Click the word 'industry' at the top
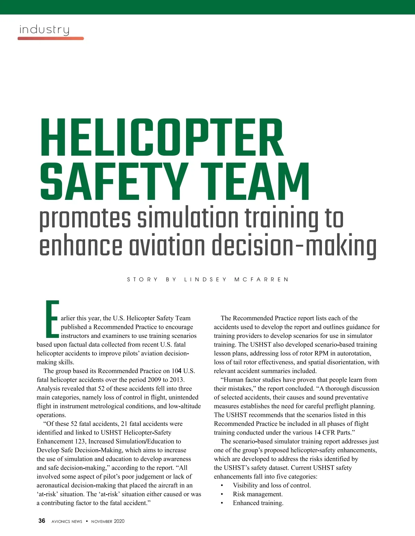(x=44, y=30)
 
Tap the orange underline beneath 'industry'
(x=51, y=38)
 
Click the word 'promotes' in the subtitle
(x=85, y=218)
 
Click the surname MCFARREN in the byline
(x=261, y=279)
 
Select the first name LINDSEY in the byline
(x=205, y=279)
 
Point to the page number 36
(x=42, y=521)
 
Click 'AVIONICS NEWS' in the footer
(x=67, y=522)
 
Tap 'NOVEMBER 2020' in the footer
(x=108, y=522)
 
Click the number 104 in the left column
(x=176, y=371)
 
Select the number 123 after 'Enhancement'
(x=80, y=441)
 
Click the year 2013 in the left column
(x=176, y=380)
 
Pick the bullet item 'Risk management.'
(x=258, y=494)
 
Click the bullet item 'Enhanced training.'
(x=258, y=503)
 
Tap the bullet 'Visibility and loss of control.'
(x=272, y=485)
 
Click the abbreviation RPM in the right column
(x=321, y=353)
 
